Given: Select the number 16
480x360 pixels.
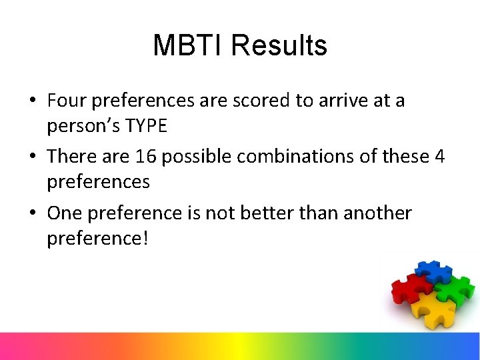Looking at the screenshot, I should (x=146, y=157).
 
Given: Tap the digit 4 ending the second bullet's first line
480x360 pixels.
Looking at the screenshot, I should (x=439, y=157).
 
